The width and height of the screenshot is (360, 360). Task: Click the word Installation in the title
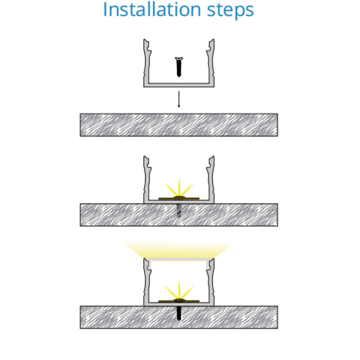point(152,9)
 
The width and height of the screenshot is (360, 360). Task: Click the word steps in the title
point(230,11)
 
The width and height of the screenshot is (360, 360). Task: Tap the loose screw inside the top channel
point(179,67)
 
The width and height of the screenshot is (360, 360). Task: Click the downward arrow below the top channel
point(179,99)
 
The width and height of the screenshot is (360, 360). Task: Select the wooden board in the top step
point(179,125)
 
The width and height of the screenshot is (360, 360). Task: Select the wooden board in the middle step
point(179,215)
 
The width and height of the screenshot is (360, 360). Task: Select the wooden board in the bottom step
point(179,317)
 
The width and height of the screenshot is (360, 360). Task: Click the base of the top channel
point(179,85)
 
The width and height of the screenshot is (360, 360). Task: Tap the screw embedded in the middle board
point(179,211)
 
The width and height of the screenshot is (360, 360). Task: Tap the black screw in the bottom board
point(179,313)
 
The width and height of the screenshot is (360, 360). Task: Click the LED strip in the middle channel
point(179,198)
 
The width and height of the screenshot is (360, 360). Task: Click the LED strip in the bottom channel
point(179,301)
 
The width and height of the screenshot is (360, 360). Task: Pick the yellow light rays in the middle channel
point(179,188)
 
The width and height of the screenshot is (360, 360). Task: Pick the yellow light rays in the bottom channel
point(179,291)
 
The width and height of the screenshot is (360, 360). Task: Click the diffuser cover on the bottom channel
point(179,259)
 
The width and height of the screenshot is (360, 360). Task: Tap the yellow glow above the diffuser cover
point(179,249)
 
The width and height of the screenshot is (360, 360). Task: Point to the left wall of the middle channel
point(147,179)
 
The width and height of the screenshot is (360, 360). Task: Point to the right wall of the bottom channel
point(211,282)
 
